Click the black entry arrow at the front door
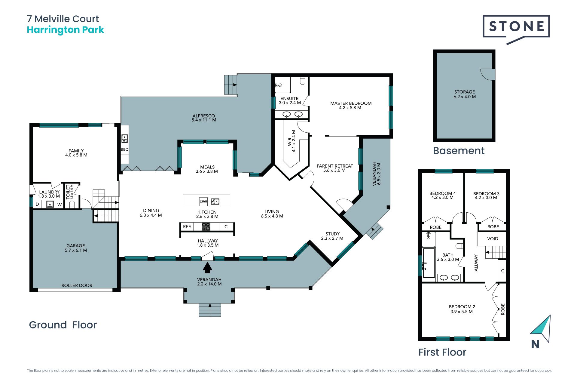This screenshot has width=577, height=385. click(207, 267)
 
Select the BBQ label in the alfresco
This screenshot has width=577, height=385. click(125, 149)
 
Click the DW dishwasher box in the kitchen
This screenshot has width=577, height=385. click(203, 202)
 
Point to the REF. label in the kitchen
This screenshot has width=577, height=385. click(187, 226)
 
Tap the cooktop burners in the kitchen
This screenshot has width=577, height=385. click(206, 226)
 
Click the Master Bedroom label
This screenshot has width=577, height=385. click(351, 105)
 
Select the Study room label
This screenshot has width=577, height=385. click(332, 236)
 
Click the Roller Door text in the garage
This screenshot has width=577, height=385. click(77, 285)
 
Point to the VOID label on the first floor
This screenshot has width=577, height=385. click(493, 239)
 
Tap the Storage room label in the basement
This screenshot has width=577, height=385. click(465, 94)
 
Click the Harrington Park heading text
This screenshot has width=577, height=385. click(66, 30)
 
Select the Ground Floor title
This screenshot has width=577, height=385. click(63, 325)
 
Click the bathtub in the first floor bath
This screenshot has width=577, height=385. click(429, 263)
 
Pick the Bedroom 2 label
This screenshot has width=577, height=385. click(462, 309)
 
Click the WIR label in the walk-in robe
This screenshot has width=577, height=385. click(292, 141)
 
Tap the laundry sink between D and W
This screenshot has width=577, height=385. click(50, 204)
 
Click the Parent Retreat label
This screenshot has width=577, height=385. click(335, 168)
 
